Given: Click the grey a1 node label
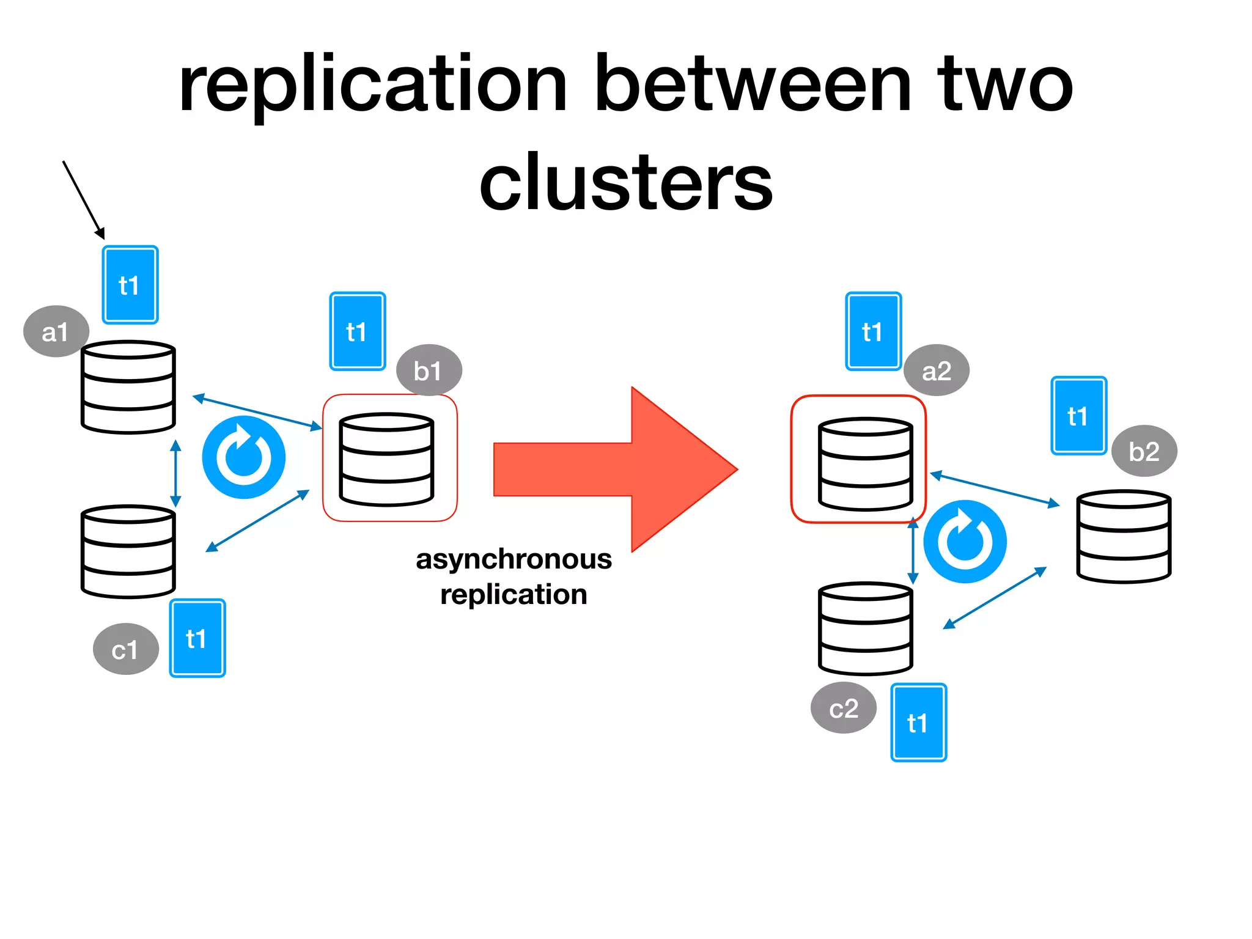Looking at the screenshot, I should (x=56, y=331).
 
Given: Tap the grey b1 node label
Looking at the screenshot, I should (x=429, y=370).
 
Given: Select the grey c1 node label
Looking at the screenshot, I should (x=125, y=649).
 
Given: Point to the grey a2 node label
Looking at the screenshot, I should (x=936, y=370).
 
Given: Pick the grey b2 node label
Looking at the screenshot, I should (x=1144, y=451).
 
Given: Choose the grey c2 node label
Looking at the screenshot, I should (x=844, y=708).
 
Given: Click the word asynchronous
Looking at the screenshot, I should (x=514, y=559).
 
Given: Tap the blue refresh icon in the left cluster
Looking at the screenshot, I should (x=244, y=457).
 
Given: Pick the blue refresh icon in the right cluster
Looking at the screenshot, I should (x=965, y=542).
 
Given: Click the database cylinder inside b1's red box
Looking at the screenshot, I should (x=386, y=460).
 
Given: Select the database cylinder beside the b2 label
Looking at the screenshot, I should (x=1123, y=536).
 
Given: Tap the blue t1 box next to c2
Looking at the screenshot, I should (x=918, y=723).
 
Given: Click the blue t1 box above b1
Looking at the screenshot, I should (x=357, y=331).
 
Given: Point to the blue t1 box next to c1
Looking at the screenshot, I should (x=197, y=638).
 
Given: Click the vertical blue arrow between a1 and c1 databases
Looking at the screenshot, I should (x=175, y=473).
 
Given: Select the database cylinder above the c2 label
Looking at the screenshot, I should (x=865, y=628).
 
